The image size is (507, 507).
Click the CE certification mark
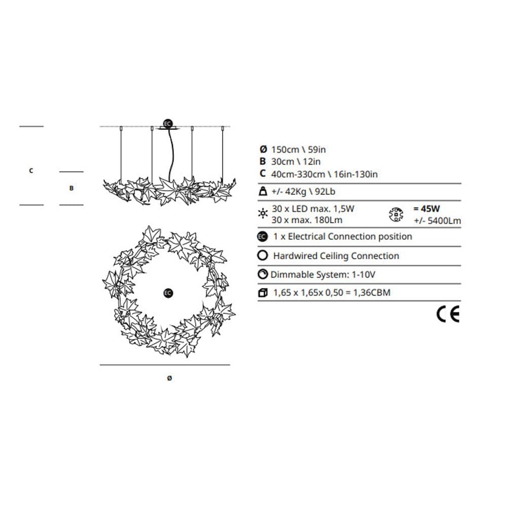point(448,314)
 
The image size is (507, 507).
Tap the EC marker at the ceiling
point(167,124)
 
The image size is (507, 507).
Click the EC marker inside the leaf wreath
point(168,293)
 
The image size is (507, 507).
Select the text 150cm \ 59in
point(299,150)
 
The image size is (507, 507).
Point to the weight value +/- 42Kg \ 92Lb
point(303,192)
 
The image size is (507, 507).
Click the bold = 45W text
point(426,208)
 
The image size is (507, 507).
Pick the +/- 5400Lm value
point(438,221)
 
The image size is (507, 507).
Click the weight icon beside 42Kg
point(263,191)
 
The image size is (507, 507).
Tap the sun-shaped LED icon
point(263,213)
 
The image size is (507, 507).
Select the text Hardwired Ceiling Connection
point(336,256)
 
